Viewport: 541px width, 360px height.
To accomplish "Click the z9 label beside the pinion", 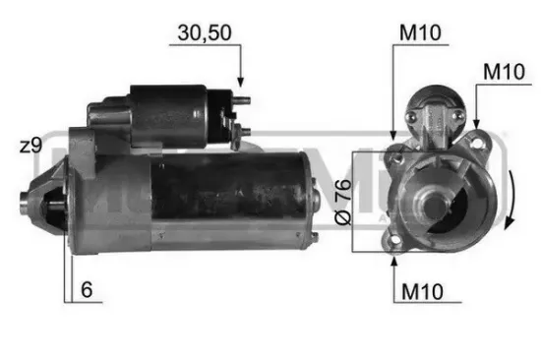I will pyautogui.click(x=30, y=146).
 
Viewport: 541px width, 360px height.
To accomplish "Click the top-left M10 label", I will pyautogui.click(x=418, y=32).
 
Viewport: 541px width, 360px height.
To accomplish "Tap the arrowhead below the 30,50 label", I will pyautogui.click(x=239, y=82).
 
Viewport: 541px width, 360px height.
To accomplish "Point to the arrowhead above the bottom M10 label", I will pyautogui.click(x=394, y=259).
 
